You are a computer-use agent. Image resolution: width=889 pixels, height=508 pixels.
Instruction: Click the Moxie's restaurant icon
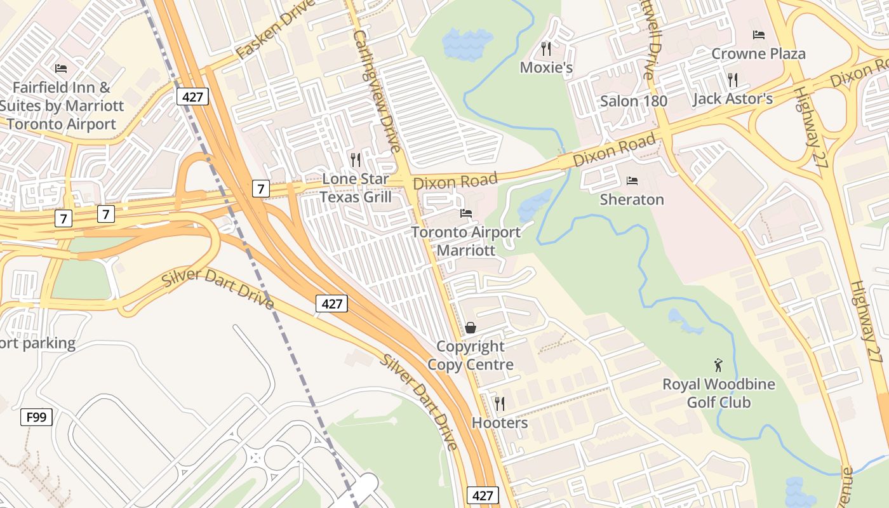(x=545, y=48)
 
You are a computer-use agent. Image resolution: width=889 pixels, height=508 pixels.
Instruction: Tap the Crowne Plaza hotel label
(x=758, y=53)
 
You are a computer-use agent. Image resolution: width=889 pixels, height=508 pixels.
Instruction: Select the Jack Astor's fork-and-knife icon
(x=733, y=79)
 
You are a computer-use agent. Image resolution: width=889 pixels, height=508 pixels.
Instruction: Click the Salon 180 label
(x=633, y=100)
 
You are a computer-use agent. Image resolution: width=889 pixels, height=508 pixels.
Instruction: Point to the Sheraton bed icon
(x=632, y=181)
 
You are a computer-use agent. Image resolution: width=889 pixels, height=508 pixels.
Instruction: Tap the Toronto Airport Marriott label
(x=465, y=241)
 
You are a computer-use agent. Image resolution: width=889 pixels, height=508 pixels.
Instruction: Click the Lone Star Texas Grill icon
(x=356, y=159)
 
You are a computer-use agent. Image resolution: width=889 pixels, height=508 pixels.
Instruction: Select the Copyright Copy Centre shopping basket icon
(x=471, y=328)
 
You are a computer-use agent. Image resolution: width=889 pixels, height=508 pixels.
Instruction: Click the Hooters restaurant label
(x=500, y=423)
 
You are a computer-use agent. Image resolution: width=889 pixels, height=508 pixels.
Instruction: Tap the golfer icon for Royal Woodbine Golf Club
(x=718, y=365)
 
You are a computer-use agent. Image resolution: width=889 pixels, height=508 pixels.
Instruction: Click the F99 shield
(x=36, y=417)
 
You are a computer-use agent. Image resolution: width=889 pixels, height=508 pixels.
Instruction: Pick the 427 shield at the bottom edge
(x=483, y=495)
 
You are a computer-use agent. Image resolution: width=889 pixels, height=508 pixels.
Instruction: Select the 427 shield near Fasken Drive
(x=192, y=97)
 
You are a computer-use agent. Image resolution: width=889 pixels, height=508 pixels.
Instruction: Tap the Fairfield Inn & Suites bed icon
(x=61, y=68)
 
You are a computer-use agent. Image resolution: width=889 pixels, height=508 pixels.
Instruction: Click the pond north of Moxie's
(x=467, y=43)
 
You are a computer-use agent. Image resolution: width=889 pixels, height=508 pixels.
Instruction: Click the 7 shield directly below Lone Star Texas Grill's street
(x=260, y=189)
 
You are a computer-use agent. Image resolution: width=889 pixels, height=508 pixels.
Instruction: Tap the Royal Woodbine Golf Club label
(x=719, y=393)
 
